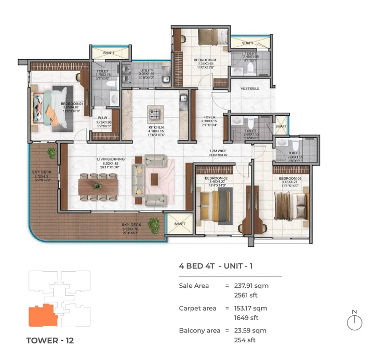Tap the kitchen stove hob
click(x=154, y=112)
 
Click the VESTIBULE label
click(x=250, y=89)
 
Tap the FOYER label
click(x=209, y=117)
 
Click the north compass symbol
click(x=354, y=323)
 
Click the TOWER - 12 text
click(x=50, y=341)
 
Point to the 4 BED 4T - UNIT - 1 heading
click(x=216, y=266)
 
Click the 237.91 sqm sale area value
click(x=250, y=285)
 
